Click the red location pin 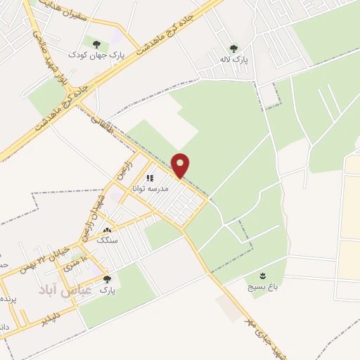click(x=181, y=165)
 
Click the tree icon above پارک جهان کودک click(x=96, y=44)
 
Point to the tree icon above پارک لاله click(x=233, y=49)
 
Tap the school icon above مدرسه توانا click(x=150, y=179)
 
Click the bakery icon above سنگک click(x=107, y=230)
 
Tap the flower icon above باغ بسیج click(x=263, y=275)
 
